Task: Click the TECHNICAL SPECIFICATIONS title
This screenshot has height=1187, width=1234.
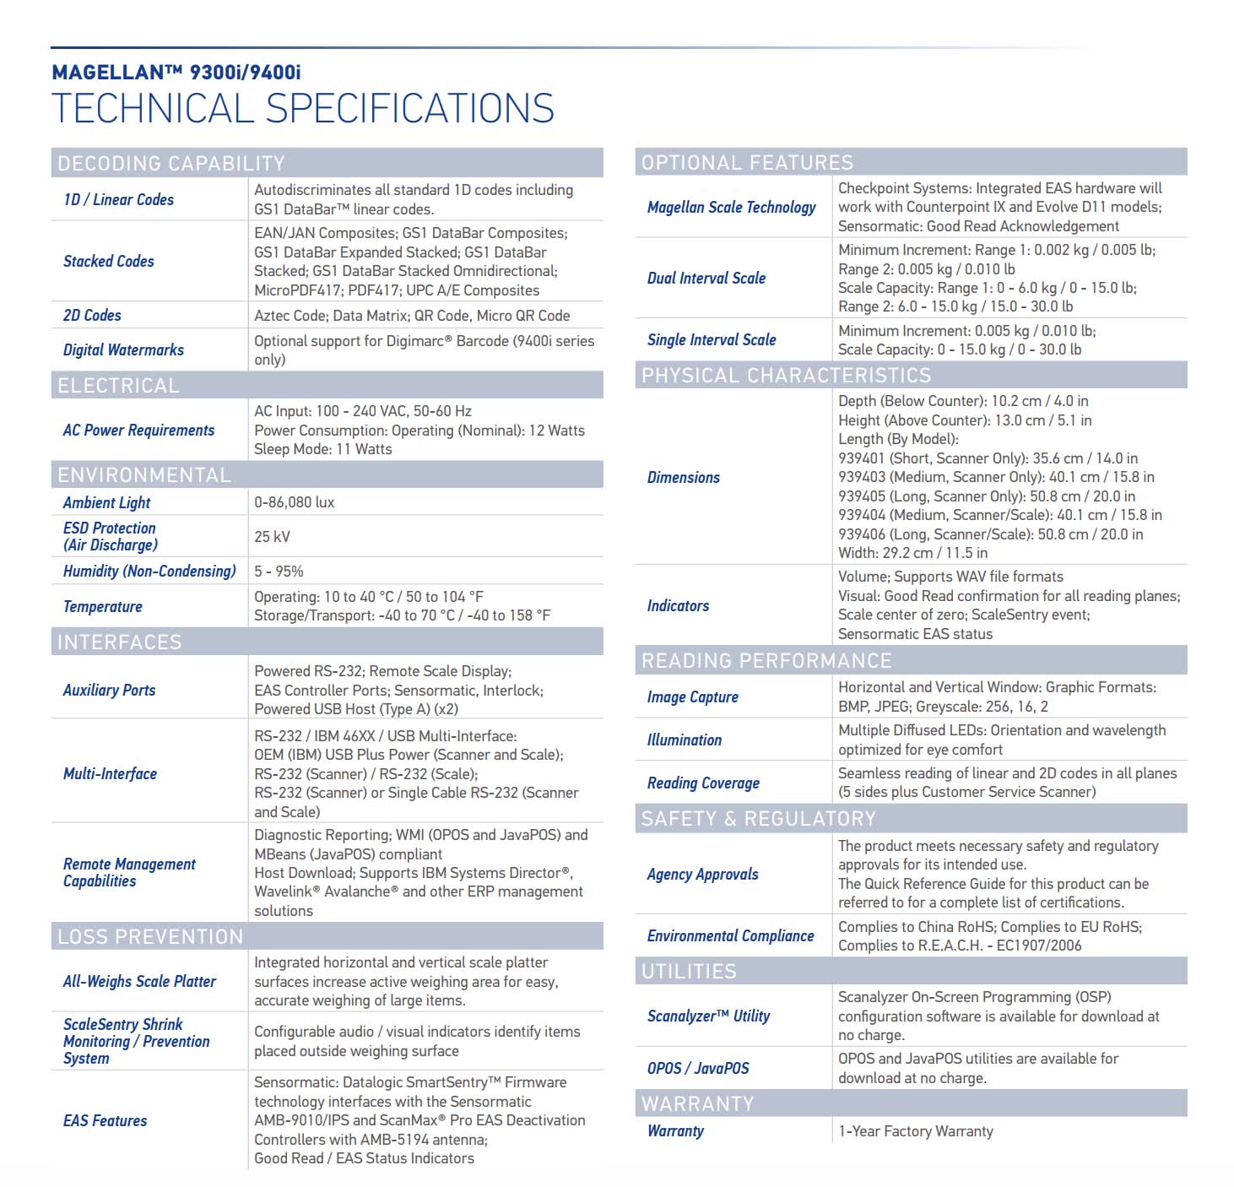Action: pyautogui.click(x=302, y=109)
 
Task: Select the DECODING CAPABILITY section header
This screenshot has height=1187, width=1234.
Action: pyautogui.click(x=170, y=163)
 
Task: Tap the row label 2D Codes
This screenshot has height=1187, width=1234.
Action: pyautogui.click(x=92, y=315)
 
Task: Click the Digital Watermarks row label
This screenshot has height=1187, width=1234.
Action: pyautogui.click(x=123, y=350)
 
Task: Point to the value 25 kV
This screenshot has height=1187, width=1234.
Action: pyautogui.click(x=272, y=537)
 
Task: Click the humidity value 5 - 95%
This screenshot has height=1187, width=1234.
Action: pyautogui.click(x=279, y=572)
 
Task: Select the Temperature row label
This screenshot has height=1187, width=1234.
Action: pyautogui.click(x=102, y=606)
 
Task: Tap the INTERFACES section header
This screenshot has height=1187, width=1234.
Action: pyautogui.click(x=119, y=642)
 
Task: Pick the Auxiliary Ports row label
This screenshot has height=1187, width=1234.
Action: pyautogui.click(x=109, y=690)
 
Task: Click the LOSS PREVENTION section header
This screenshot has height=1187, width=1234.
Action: pyautogui.click(x=149, y=936)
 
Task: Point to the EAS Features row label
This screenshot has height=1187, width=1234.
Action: pyautogui.click(x=105, y=1120)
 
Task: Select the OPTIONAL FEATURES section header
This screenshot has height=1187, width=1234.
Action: pyautogui.click(x=747, y=162)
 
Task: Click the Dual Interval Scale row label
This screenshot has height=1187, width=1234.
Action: pyautogui.click(x=706, y=278)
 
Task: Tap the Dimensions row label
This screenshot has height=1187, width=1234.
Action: pyautogui.click(x=683, y=477)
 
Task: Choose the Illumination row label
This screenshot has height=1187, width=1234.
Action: pyautogui.click(x=684, y=740)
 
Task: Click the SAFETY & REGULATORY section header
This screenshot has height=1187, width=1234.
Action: pyautogui.click(x=758, y=818)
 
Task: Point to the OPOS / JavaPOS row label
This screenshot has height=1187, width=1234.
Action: pyautogui.click(x=697, y=1068)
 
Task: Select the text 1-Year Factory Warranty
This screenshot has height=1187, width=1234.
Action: pyautogui.click(x=915, y=1130)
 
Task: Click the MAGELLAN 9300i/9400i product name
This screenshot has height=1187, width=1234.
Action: pyautogui.click(x=176, y=73)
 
